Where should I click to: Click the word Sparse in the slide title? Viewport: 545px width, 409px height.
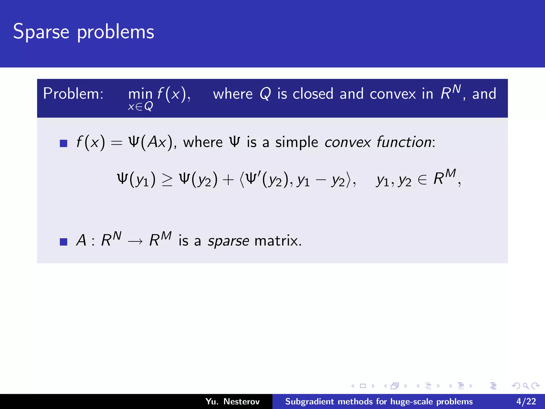41,32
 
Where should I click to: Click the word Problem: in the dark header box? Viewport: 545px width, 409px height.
73,94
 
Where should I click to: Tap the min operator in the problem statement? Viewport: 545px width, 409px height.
140,94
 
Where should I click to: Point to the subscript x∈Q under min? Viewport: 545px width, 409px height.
140,107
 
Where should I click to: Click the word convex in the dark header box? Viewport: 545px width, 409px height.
393,94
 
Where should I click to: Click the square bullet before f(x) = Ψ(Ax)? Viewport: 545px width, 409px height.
64,143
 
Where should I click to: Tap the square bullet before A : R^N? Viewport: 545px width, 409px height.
64,242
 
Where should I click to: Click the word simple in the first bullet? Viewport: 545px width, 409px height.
296,142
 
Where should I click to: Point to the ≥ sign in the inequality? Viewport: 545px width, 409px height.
167,180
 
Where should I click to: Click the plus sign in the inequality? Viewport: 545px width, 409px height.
228,179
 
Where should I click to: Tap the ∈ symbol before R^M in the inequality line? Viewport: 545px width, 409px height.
422,180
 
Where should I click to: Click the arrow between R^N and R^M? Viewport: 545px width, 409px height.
135,241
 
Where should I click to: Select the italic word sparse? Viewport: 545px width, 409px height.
228,241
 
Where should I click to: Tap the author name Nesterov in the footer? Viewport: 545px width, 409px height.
241,401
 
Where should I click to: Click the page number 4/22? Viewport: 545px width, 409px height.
526,401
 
